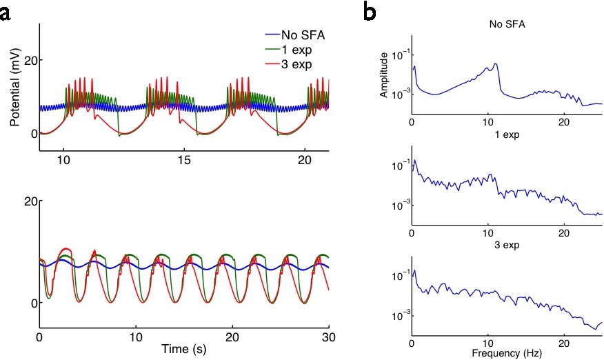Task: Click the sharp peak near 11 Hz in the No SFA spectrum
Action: point(496,64)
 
